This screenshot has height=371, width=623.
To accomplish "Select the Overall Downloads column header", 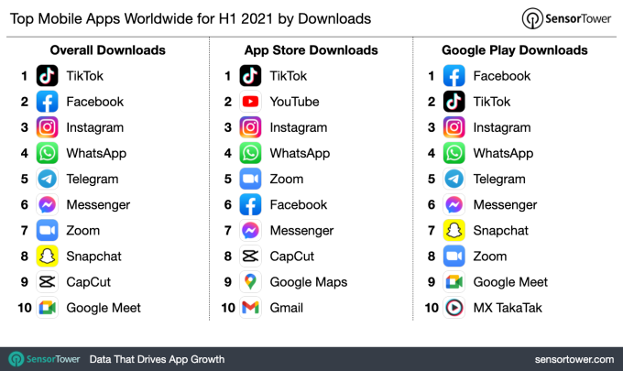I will [x=107, y=50].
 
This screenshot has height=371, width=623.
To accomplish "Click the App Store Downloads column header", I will [x=311, y=50].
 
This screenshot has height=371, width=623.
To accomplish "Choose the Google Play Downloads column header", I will [x=514, y=50].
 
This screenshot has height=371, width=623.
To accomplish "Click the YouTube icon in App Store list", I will [x=251, y=102].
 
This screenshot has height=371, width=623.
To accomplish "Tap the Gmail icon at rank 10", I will [x=251, y=307].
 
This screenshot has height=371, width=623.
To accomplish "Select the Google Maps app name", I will [x=308, y=281].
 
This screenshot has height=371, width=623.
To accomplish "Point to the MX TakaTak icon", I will [x=454, y=307].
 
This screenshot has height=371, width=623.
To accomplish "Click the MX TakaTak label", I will [x=508, y=307].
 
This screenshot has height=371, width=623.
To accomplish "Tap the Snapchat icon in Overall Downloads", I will [x=48, y=256].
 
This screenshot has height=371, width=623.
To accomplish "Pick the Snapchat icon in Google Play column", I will [x=454, y=230].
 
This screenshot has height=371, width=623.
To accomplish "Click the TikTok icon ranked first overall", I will [x=48, y=76].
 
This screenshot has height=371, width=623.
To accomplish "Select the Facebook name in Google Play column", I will [x=501, y=76].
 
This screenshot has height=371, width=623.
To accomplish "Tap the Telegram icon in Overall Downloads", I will [x=48, y=179].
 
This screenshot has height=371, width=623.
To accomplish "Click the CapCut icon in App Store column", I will [x=251, y=256].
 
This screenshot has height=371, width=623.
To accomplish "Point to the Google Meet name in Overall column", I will [x=103, y=307].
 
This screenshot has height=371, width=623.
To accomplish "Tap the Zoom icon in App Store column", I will [x=251, y=179].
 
